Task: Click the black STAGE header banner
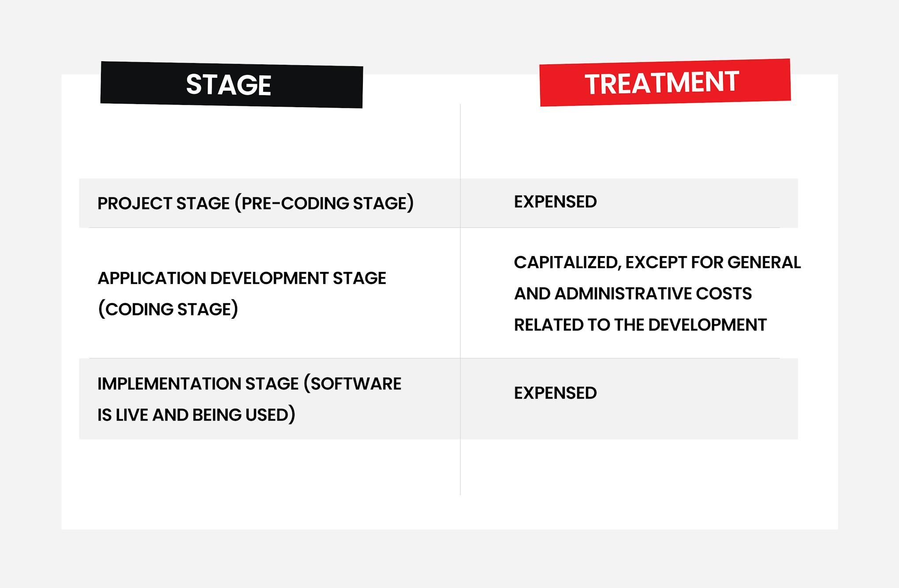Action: tap(231, 85)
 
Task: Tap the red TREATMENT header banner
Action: tap(665, 82)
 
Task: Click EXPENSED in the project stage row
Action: tap(555, 202)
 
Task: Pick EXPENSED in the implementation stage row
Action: tap(555, 393)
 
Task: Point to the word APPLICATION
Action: tap(151, 279)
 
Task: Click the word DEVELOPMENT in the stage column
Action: tap(269, 279)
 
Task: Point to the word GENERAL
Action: tap(764, 263)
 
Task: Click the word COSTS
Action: tap(724, 294)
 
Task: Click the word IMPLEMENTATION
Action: tap(169, 384)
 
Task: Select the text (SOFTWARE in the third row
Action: tap(352, 384)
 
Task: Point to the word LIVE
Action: tap(131, 415)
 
